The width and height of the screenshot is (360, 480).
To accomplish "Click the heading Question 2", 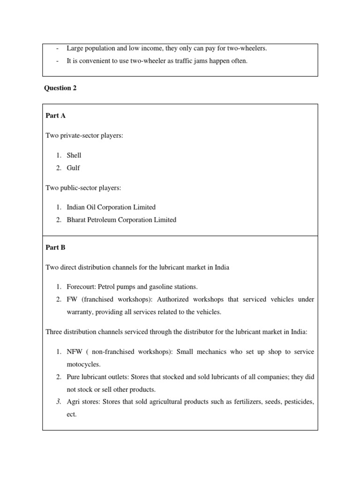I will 60,88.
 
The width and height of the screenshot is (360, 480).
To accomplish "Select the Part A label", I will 55,116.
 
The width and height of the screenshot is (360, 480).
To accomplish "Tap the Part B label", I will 55,247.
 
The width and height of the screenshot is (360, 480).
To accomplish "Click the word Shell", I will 74,155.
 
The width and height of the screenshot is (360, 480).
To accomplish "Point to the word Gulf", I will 74,168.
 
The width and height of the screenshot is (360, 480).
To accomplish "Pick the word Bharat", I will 77,219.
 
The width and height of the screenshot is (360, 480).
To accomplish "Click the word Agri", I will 74,402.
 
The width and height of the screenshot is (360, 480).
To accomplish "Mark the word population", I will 99,48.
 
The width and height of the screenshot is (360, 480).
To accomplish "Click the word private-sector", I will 81,135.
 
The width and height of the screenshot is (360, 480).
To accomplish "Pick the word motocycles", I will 83,364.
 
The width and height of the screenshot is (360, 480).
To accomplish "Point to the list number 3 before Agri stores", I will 58,402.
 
